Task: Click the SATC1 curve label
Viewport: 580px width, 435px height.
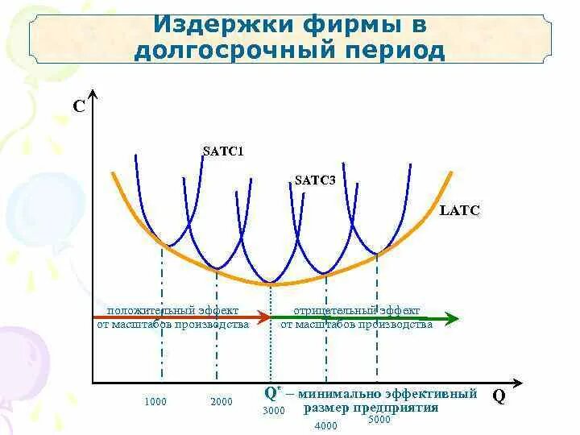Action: [x=223, y=150]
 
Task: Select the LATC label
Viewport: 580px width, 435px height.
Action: [x=459, y=211]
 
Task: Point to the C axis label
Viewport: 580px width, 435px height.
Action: [x=78, y=105]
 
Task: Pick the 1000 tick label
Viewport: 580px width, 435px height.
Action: [x=157, y=401]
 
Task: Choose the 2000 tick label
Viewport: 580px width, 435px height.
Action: [x=222, y=401]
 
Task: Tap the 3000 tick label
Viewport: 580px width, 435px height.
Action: [x=274, y=411]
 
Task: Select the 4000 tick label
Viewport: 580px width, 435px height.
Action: [x=326, y=425]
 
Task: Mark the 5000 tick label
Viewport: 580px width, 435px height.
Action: [x=379, y=419]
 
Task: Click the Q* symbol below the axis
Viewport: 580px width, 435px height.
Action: [x=272, y=394]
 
